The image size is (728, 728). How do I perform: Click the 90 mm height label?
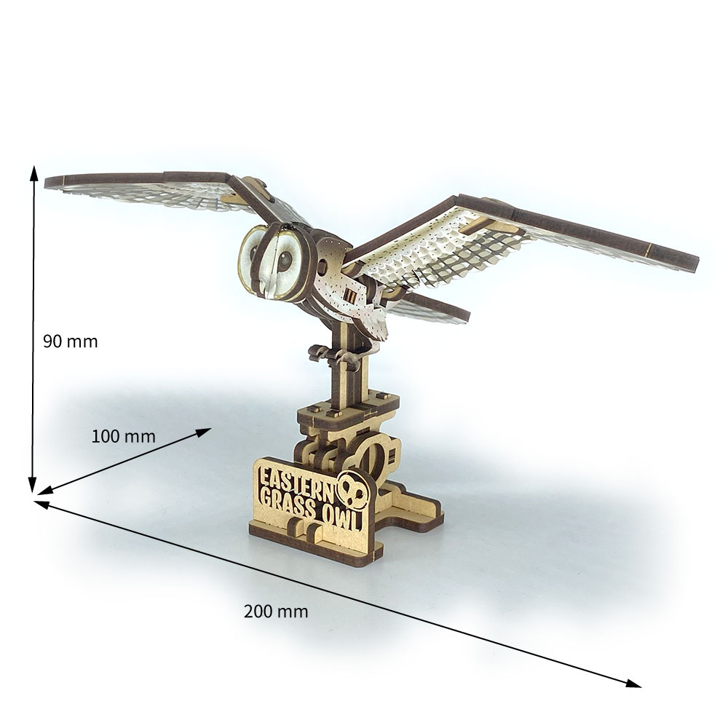[71, 341]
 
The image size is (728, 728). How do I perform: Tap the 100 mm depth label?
[123, 437]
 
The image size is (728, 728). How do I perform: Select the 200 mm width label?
[276, 612]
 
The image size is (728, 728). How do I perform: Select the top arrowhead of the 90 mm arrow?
[34, 173]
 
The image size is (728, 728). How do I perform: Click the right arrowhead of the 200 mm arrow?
[633, 684]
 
